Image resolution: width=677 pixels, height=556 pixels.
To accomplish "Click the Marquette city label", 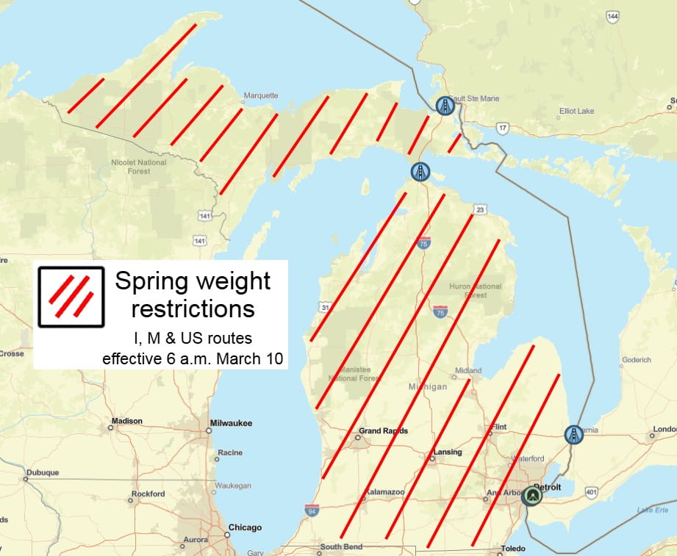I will point(261,95).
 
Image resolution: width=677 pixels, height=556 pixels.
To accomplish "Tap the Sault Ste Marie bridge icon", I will point(444,106).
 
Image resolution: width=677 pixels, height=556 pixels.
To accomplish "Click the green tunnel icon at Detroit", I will point(531,497).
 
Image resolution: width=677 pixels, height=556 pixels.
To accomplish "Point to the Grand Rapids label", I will point(382,431).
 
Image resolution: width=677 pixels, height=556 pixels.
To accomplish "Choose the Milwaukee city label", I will point(231,423).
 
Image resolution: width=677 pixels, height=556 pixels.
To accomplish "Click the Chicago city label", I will point(245,527).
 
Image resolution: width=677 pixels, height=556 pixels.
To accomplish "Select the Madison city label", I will point(126,422).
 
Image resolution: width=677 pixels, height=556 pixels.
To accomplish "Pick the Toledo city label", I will point(513,549).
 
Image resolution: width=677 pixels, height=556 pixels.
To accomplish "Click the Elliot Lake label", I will point(576,111).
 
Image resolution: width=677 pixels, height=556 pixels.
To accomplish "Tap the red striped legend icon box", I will point(71,296).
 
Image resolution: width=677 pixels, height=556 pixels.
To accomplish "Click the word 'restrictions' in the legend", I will point(193,308).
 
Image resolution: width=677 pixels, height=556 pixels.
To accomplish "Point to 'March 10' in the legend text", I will point(257,359).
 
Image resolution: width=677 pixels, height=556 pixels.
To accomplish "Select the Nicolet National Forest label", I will point(139,167).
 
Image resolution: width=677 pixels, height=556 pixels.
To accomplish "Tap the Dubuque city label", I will point(42,472).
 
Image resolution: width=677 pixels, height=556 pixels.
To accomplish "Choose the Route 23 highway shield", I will point(479,209).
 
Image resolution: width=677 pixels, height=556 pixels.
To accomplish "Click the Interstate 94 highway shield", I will point(312,509).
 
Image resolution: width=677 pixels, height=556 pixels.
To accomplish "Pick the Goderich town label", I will point(636,360).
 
